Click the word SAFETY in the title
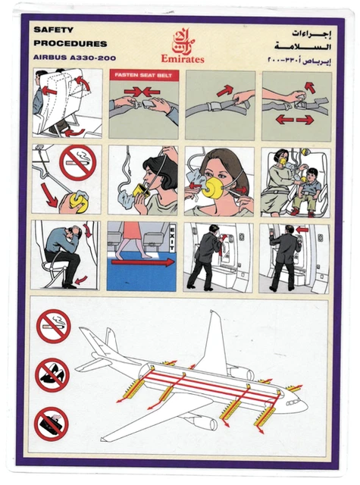[x=52, y=30]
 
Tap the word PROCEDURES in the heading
[x=70, y=44]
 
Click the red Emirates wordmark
[x=182, y=58]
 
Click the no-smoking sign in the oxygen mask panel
[x=78, y=164]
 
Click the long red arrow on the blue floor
[x=142, y=262]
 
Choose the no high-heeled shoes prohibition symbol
[x=52, y=374]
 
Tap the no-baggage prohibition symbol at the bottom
[x=52, y=423]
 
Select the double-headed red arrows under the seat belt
[x=295, y=120]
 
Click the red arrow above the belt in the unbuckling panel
[x=225, y=91]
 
